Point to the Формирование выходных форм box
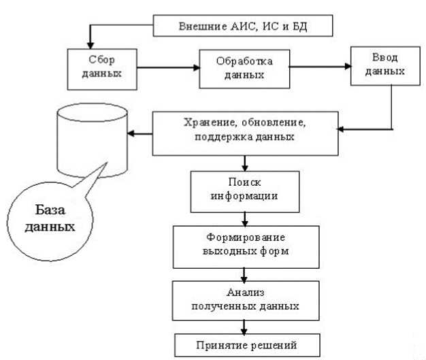point(245,244)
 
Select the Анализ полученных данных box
point(245,299)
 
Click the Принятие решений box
point(245,344)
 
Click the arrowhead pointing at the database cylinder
point(134,133)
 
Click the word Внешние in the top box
point(201,27)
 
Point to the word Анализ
point(245,292)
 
